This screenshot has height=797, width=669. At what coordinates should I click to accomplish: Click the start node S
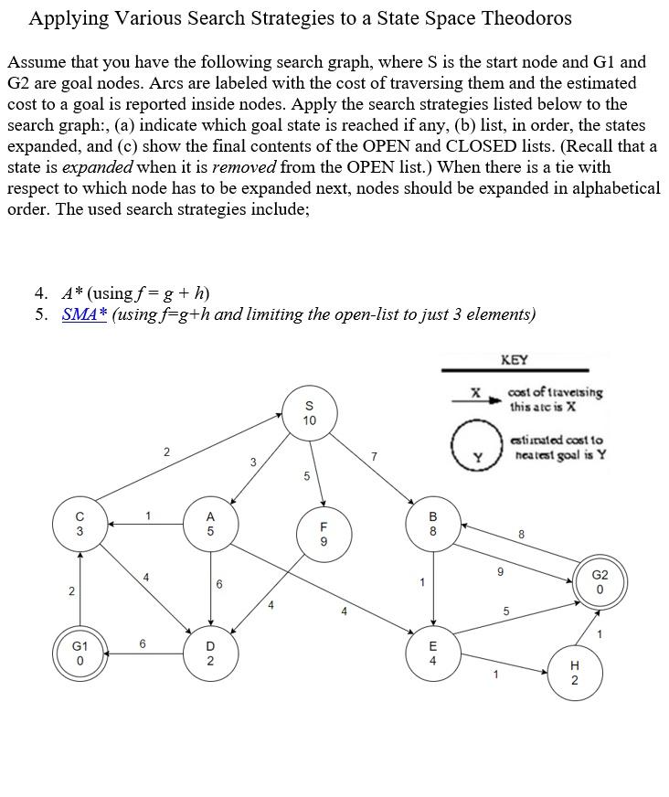click(309, 412)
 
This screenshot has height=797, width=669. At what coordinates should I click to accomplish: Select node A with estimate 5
click(210, 523)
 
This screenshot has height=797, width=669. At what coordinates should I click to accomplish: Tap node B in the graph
click(433, 523)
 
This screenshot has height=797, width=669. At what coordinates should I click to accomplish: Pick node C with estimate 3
click(80, 523)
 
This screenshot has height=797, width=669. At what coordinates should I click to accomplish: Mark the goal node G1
click(80, 653)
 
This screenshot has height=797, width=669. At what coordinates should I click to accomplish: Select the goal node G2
click(600, 582)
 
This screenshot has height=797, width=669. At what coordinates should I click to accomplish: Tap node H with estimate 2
click(574, 673)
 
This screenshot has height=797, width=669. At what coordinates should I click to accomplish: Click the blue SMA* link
click(85, 314)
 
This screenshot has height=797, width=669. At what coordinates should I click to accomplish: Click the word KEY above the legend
click(515, 360)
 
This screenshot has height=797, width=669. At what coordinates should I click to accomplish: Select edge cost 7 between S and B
click(374, 455)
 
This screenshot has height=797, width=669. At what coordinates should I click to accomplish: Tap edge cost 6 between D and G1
click(143, 643)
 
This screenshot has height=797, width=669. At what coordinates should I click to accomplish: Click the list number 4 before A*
click(40, 293)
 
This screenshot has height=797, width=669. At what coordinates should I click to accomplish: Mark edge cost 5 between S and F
click(307, 475)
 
